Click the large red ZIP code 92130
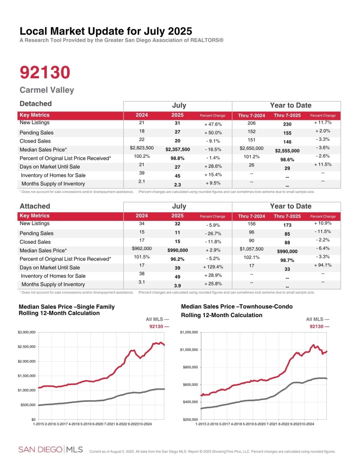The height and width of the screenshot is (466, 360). [x=45, y=72]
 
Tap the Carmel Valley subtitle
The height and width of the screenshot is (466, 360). [x=47, y=90]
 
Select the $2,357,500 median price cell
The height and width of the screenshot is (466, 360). [x=177, y=149]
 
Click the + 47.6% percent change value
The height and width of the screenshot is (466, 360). [x=212, y=124]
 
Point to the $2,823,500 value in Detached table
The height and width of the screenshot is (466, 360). [x=142, y=148]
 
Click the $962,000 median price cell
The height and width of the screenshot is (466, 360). [x=142, y=248]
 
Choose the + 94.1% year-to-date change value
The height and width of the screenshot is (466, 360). [x=323, y=265]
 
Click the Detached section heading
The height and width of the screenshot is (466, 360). [x=36, y=104]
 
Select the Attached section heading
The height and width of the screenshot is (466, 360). [x=35, y=206]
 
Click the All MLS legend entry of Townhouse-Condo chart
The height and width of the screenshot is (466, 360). [x=316, y=319]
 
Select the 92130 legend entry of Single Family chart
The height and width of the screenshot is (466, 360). [x=159, y=327]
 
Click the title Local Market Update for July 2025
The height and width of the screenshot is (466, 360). [x=106, y=31]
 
